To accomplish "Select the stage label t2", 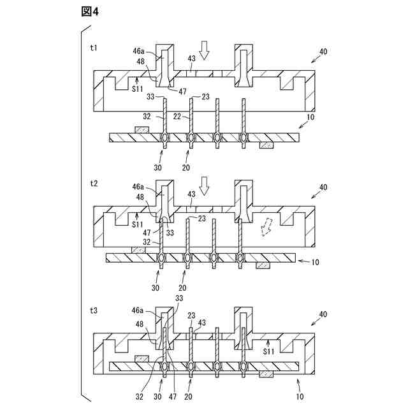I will pos(94,183).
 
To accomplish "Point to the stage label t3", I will pos(94,311).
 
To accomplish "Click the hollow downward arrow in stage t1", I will pos(204,49).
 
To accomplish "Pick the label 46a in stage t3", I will pos(138,311).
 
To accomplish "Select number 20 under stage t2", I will pos(184,289).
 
